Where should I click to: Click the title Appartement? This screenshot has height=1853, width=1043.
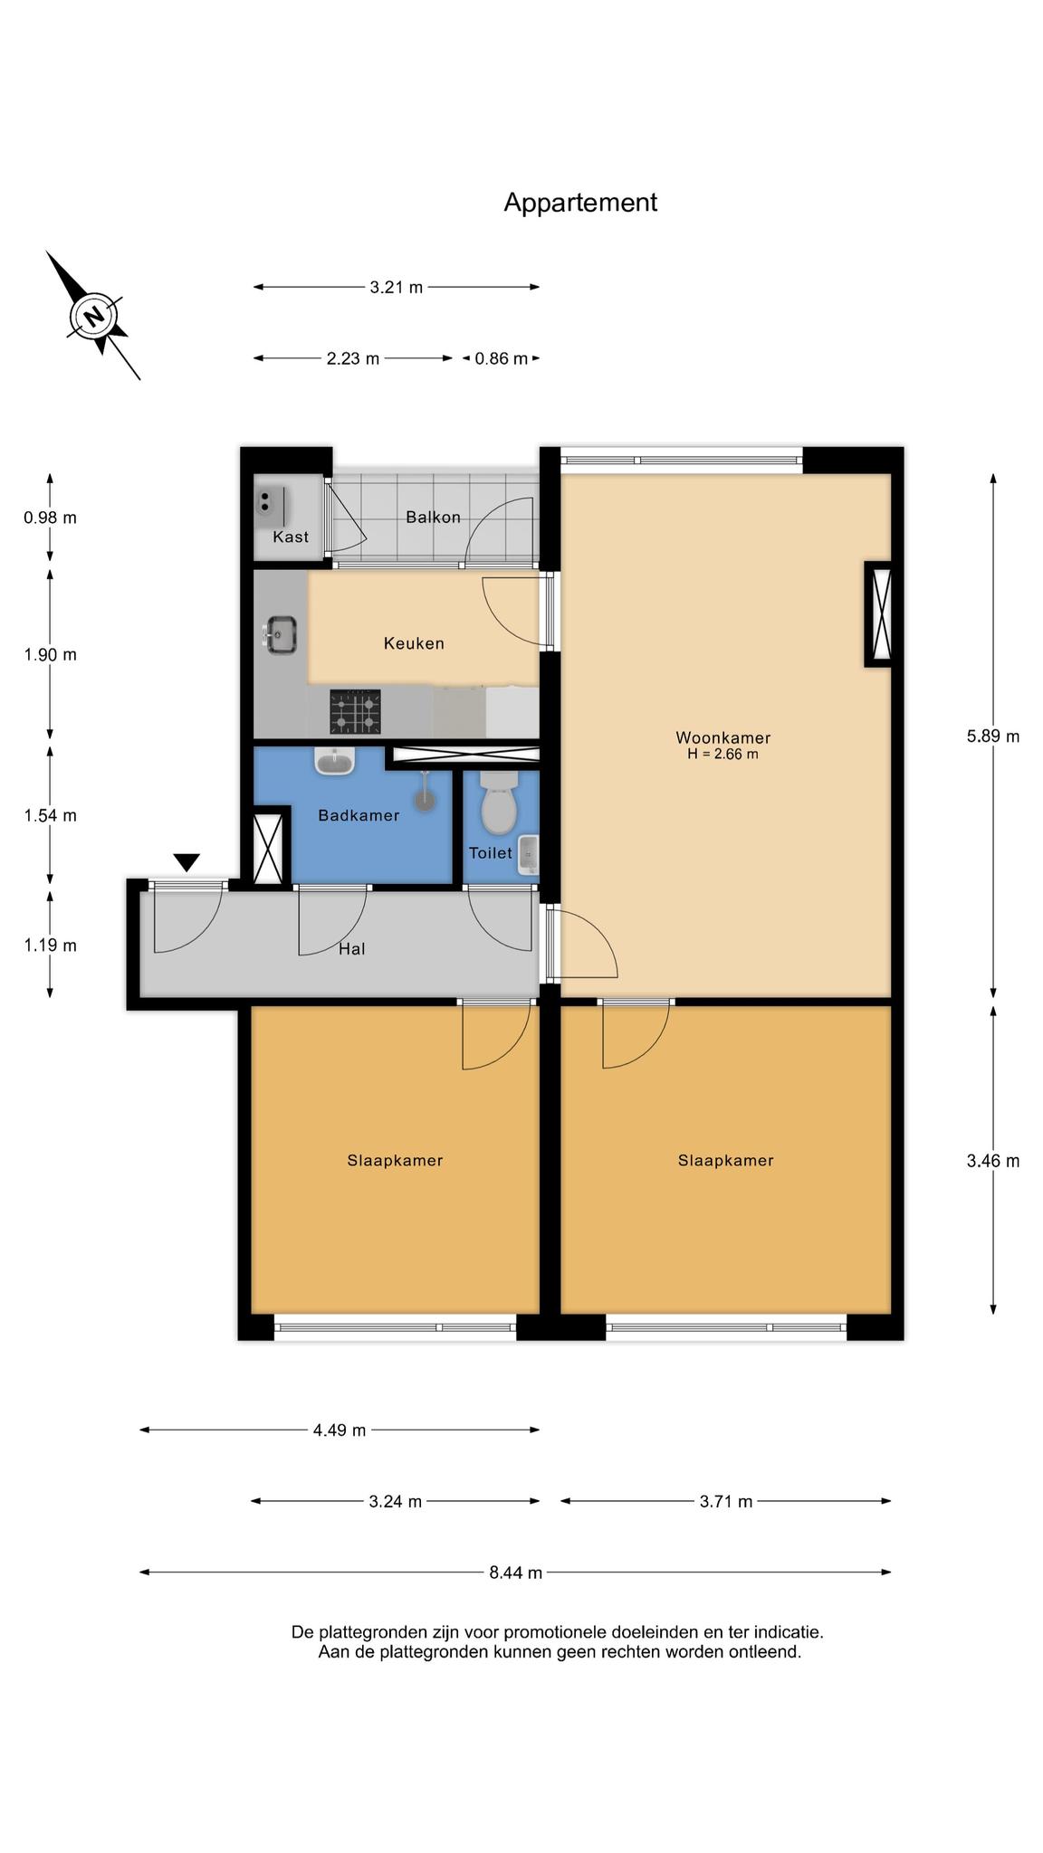pyautogui.click(x=580, y=203)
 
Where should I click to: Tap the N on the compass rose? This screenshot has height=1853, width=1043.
pyautogui.click(x=92, y=316)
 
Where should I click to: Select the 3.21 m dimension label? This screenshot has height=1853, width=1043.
pyautogui.click(x=397, y=288)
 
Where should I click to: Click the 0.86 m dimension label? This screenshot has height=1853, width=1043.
pyautogui.click(x=502, y=358)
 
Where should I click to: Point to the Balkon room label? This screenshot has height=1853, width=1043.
pyautogui.click(x=434, y=518)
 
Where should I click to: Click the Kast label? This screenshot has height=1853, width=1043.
pyautogui.click(x=291, y=537)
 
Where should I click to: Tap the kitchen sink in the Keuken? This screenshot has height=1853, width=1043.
pyautogui.click(x=282, y=633)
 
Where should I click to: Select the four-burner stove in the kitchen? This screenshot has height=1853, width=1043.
pyautogui.click(x=355, y=711)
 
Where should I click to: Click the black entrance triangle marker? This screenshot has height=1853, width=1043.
pyautogui.click(x=187, y=862)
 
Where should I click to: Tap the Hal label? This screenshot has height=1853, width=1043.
pyautogui.click(x=352, y=949)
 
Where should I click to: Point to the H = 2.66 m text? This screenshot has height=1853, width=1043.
pyautogui.click(x=722, y=754)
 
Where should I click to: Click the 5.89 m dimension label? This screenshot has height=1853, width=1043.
pyautogui.click(x=993, y=736)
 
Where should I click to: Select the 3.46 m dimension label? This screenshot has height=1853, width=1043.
pyautogui.click(x=993, y=1161)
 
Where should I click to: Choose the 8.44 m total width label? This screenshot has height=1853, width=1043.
pyautogui.click(x=516, y=1573)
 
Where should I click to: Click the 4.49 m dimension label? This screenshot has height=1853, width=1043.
pyautogui.click(x=340, y=1430)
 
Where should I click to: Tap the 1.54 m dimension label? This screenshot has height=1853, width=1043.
pyautogui.click(x=51, y=815)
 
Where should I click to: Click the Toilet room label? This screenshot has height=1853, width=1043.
pyautogui.click(x=491, y=852)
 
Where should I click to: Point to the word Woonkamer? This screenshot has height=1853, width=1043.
pyautogui.click(x=723, y=737)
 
